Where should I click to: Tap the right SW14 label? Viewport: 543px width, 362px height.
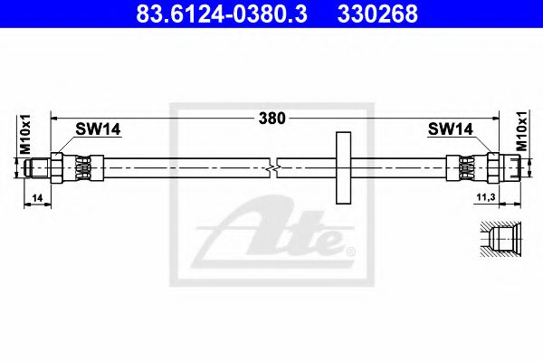pyautogui.click(x=450, y=129)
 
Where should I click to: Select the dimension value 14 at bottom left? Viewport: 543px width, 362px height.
pyautogui.click(x=36, y=196)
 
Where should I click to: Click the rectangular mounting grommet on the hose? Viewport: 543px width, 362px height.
pyautogui.click(x=343, y=168)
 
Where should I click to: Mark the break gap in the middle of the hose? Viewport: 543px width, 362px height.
pyautogui.click(x=275, y=168)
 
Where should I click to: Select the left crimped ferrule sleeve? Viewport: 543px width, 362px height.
pyautogui.click(x=83, y=168)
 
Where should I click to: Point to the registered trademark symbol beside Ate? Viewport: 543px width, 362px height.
pyautogui.click(x=351, y=250)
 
